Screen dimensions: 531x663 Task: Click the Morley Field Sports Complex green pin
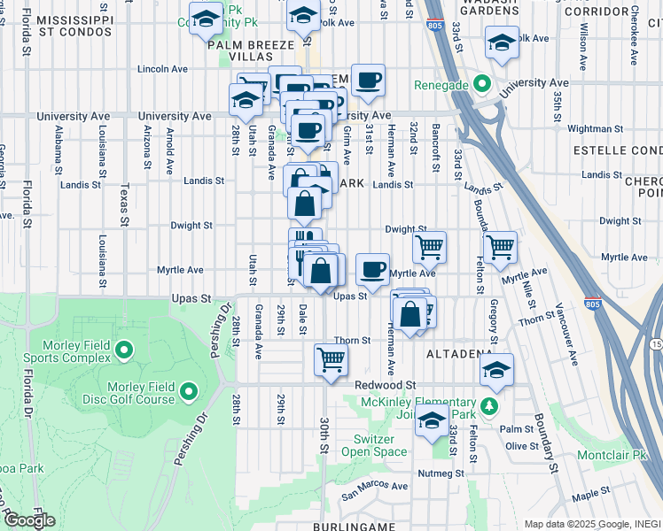tap(123, 351)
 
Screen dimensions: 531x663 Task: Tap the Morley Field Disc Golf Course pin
tap(188, 390)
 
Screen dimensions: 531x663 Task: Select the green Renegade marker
tap(482, 86)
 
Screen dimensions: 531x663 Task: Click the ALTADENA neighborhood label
tap(458, 353)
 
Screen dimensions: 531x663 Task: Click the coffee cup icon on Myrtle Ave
tap(372, 267)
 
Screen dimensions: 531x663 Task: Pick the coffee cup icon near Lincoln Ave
tap(367, 80)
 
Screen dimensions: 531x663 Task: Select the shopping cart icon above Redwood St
tap(331, 359)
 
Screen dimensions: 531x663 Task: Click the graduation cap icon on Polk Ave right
tap(501, 41)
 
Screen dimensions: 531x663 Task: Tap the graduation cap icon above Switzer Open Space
tap(432, 420)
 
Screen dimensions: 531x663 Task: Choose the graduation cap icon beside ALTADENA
tap(497, 370)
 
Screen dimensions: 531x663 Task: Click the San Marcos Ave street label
tap(375, 485)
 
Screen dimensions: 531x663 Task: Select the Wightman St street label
tap(590, 128)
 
